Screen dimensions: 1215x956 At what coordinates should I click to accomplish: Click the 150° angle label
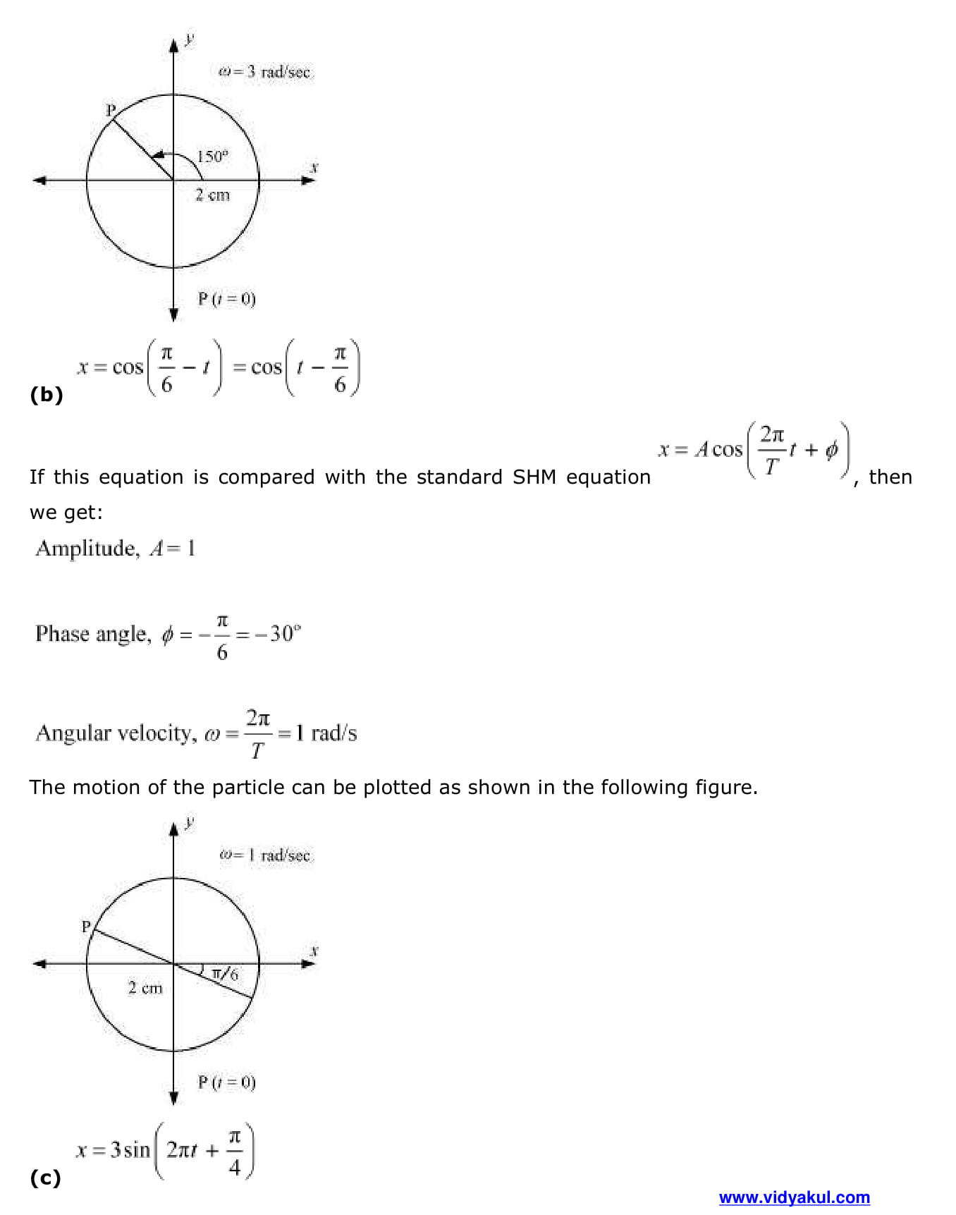coord(212,157)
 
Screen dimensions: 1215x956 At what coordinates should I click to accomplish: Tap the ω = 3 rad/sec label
coord(264,72)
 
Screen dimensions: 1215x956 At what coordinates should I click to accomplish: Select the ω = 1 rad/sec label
coord(264,855)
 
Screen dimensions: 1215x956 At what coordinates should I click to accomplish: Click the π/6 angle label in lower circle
coord(225,974)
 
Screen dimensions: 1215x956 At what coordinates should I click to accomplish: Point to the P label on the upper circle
coord(110,110)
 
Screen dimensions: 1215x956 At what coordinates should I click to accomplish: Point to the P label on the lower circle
coord(86,927)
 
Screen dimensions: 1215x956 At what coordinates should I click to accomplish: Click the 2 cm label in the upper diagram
coord(212,195)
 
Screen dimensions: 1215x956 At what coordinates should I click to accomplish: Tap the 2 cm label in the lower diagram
coord(145,988)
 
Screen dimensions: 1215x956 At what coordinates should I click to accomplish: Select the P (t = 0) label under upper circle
coord(226,299)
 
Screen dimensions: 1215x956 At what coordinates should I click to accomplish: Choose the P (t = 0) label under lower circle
coord(226,1082)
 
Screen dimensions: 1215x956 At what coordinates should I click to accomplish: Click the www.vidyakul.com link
coord(794,1197)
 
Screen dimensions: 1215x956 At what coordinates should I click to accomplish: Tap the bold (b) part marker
coord(47,395)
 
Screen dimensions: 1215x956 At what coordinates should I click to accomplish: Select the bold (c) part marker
coord(45,1178)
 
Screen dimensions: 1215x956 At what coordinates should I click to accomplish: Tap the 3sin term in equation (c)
coord(130,1150)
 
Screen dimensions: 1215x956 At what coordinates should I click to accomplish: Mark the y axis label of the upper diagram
coord(189,38)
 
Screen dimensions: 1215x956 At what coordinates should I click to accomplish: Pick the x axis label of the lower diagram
coord(314,951)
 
